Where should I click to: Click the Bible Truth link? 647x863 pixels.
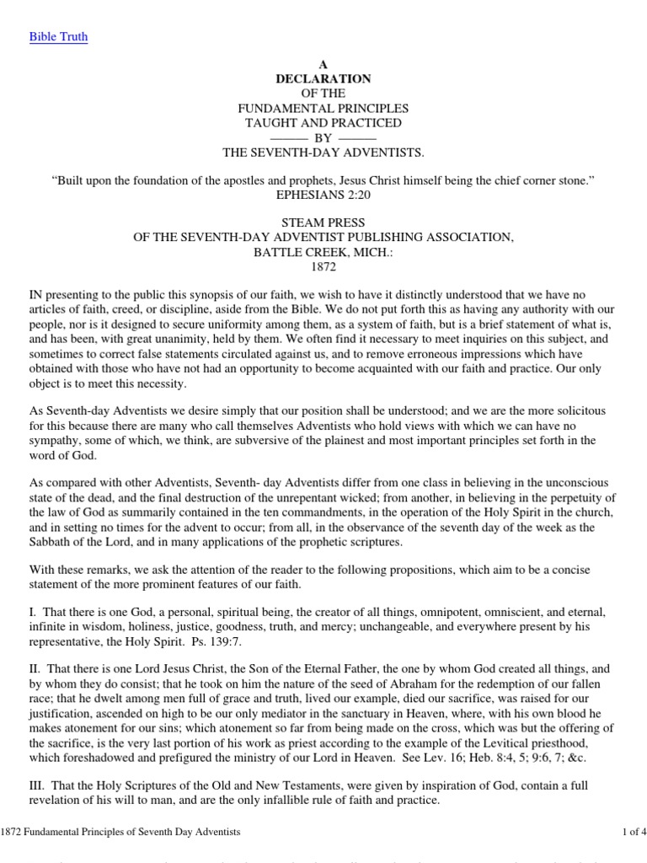59,36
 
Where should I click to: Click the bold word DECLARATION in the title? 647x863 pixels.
323,78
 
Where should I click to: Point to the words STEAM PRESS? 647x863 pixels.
323,223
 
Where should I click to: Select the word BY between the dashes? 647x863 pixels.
323,137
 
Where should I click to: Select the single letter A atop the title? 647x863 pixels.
323,64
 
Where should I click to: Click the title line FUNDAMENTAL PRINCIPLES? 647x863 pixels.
323,108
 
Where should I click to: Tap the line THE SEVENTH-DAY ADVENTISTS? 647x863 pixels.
323,152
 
